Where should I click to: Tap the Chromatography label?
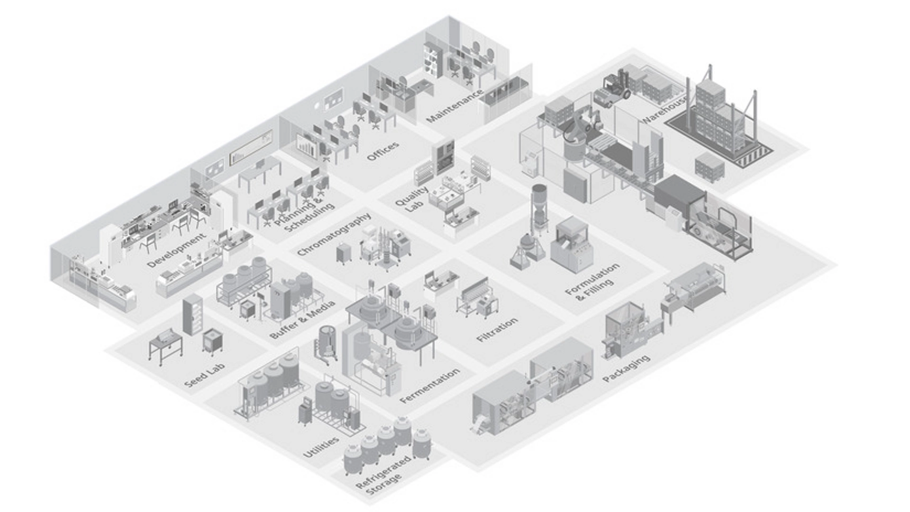click(334, 235)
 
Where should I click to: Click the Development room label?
click(176, 250)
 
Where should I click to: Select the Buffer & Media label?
click(302, 320)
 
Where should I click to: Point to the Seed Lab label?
click(205, 375)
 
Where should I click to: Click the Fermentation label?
click(429, 386)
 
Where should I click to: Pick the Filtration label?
click(497, 330)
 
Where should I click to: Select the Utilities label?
click(321, 447)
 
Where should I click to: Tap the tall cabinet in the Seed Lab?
click(193, 314)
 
